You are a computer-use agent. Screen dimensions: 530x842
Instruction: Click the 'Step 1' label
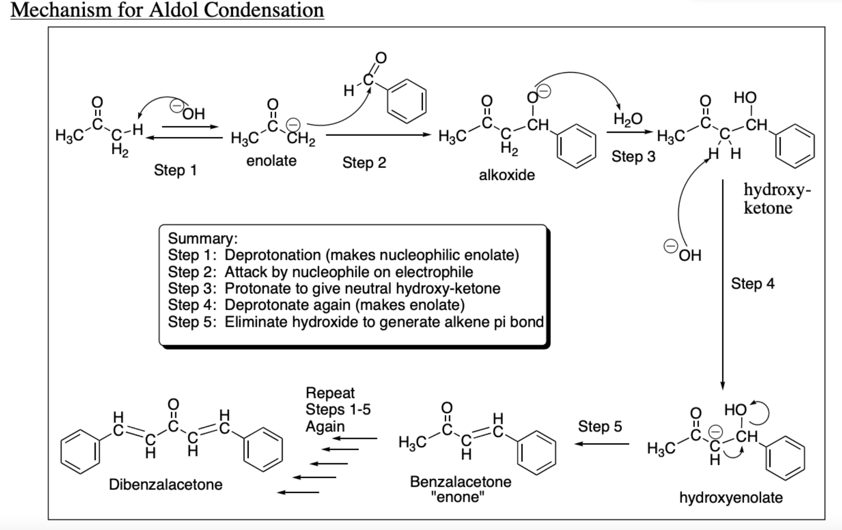(175, 170)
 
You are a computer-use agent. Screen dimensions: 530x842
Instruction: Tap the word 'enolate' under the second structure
(271, 160)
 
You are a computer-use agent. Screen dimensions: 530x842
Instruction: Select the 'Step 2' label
(364, 163)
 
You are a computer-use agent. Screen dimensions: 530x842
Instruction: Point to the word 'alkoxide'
(507, 175)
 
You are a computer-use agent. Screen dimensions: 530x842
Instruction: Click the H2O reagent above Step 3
(628, 119)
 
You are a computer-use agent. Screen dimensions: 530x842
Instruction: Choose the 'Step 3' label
(633, 156)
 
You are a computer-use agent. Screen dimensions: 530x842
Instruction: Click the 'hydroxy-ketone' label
(776, 199)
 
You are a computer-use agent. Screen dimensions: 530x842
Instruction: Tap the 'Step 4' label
(752, 284)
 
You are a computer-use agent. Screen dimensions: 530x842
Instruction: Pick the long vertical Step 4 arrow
(723, 284)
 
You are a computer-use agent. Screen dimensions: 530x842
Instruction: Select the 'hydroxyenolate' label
(731, 498)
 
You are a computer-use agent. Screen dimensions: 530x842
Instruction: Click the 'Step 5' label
(600, 426)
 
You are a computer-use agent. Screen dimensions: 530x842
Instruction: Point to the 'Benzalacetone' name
(460, 482)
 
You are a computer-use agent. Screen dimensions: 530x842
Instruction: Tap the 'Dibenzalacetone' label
(165, 484)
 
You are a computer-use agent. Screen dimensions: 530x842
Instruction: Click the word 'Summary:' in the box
(203, 238)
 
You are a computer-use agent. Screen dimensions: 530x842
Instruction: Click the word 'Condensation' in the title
(264, 10)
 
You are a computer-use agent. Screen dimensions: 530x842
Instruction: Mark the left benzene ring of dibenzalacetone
(81, 451)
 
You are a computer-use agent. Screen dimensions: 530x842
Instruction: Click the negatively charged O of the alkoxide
(532, 96)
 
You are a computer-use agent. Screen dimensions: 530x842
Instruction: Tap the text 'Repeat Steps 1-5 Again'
(338, 409)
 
